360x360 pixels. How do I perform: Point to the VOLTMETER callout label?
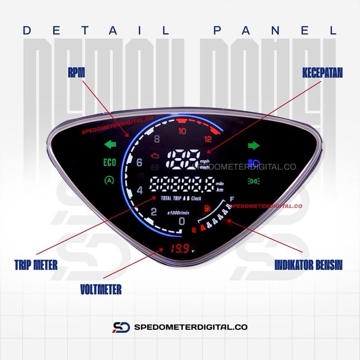[x=100, y=289]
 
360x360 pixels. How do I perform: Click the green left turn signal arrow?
[x=109, y=145]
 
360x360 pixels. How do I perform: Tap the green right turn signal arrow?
[x=253, y=145]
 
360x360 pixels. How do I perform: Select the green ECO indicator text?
[x=109, y=163]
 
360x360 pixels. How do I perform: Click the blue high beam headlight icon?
[x=254, y=162]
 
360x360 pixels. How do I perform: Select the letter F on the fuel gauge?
[x=232, y=199]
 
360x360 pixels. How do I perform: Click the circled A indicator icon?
[x=109, y=181]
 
